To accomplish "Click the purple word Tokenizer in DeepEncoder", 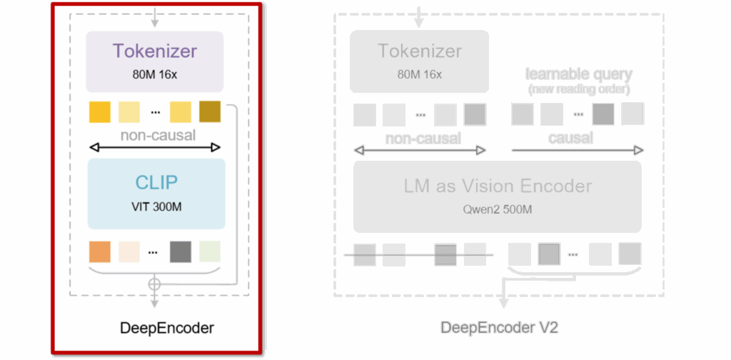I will pyautogui.click(x=154, y=51).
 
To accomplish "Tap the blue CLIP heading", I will pyautogui.click(x=156, y=181).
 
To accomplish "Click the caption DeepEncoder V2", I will pyautogui.click(x=499, y=328).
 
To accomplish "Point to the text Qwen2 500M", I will pyautogui.click(x=498, y=211).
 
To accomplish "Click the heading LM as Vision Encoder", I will pyautogui.click(x=498, y=186).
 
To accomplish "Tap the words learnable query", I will pyautogui.click(x=579, y=74).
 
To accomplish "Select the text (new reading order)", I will pyautogui.click(x=579, y=90).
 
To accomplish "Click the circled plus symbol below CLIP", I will pyautogui.click(x=154, y=284).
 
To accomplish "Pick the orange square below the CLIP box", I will pyautogui.click(x=100, y=251).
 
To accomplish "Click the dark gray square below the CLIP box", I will pyautogui.click(x=181, y=251).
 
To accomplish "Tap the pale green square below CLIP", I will pyautogui.click(x=210, y=251).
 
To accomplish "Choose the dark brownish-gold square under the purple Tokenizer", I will pyautogui.click(x=210, y=113).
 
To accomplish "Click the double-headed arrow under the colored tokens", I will pyautogui.click(x=154, y=148).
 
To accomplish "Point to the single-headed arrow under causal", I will pyautogui.click(x=577, y=151).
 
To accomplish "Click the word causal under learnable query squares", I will pyautogui.click(x=571, y=137).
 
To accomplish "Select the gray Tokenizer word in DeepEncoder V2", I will pyautogui.click(x=419, y=51).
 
